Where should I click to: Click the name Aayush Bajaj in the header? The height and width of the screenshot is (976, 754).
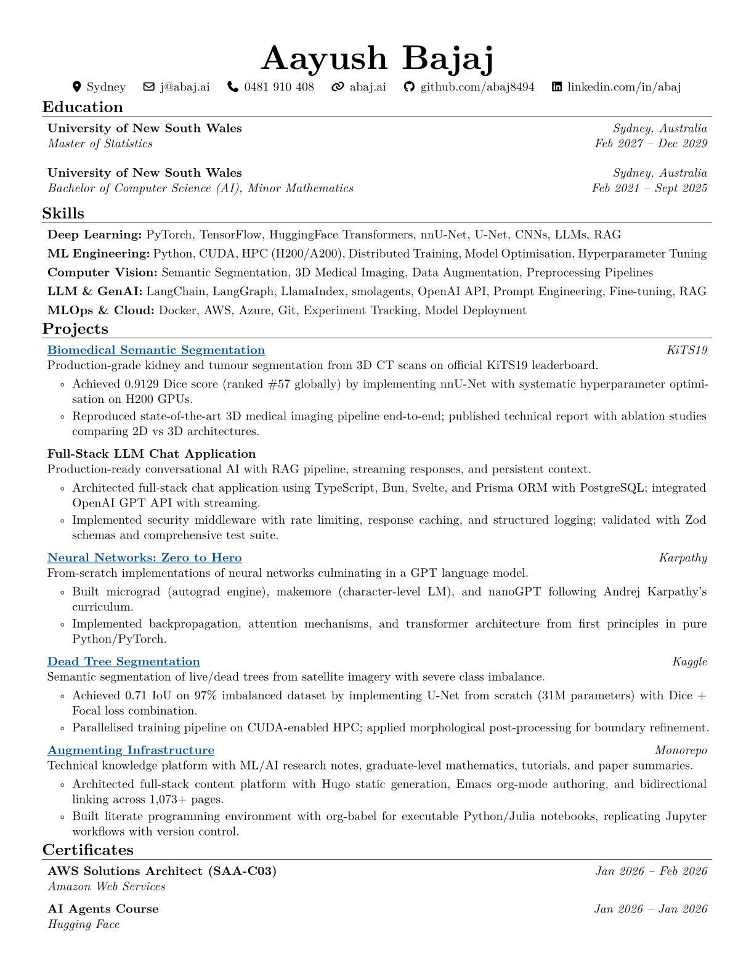(377, 59)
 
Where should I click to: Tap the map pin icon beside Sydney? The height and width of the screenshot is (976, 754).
(77, 87)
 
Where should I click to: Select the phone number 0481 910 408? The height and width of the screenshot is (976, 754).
(278, 87)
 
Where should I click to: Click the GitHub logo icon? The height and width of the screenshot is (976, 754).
(409, 87)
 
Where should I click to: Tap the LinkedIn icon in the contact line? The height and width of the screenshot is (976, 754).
(557, 87)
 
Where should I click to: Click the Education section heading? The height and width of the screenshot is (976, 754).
(83, 107)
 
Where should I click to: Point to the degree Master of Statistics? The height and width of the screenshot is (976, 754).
(100, 144)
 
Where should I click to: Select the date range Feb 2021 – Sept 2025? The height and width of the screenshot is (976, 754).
(649, 188)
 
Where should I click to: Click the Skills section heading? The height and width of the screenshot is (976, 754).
(63, 213)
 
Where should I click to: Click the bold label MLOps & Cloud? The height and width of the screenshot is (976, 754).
(101, 311)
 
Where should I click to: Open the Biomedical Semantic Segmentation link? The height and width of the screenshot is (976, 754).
(156, 350)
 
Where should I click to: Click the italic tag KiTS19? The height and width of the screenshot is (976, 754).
(687, 350)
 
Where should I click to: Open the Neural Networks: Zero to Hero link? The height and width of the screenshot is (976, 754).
(144, 558)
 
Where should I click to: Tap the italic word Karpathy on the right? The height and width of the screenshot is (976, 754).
(683, 558)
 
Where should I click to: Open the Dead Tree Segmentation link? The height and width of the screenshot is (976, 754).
(123, 662)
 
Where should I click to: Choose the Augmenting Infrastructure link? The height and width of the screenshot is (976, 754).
(131, 750)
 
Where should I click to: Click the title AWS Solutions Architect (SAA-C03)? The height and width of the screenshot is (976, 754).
(162, 871)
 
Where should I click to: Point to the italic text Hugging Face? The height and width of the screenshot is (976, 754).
(83, 924)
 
